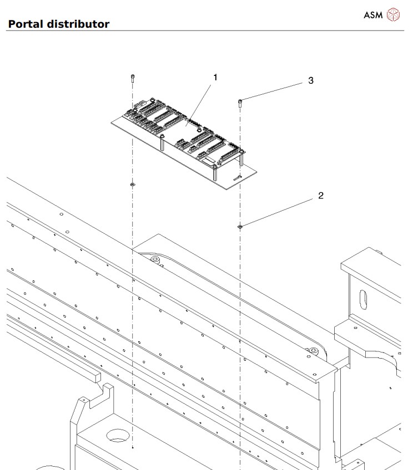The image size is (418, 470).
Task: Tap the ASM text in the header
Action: pyautogui.click(x=372, y=15)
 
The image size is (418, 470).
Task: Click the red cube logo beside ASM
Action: pyautogui.click(x=393, y=15)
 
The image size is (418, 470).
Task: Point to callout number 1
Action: pyautogui.click(x=215, y=77)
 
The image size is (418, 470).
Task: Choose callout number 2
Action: pyautogui.click(x=320, y=196)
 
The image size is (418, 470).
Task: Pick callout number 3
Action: pyautogui.click(x=310, y=80)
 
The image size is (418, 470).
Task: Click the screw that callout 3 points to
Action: pyautogui.click(x=240, y=101)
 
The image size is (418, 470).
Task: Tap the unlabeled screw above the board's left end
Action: pyautogui.click(x=132, y=78)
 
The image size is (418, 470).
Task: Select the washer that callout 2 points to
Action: pyautogui.click(x=240, y=226)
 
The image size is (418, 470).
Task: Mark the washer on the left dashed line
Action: pyautogui.click(x=132, y=183)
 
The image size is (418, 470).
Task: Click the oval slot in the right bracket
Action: pyautogui.click(x=362, y=301)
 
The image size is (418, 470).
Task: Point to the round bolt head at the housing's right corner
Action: pyautogui.click(x=313, y=351)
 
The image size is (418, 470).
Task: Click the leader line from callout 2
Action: pyautogui.click(x=278, y=212)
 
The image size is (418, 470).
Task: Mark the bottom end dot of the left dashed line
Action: pyautogui.click(x=133, y=446)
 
